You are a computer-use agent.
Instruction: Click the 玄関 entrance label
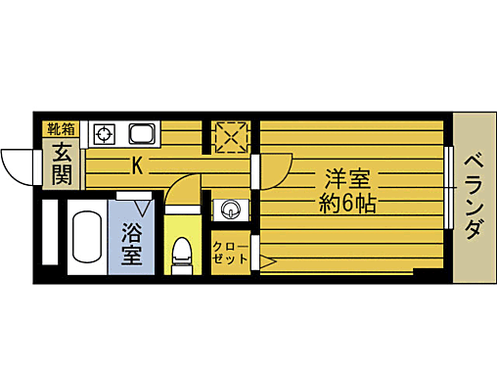click(61, 164)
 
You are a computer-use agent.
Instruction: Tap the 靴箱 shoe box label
click(61, 128)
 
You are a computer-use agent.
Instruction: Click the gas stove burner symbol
click(104, 133)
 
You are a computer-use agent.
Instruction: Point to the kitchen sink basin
click(137, 133)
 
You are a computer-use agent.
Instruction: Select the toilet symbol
click(180, 256)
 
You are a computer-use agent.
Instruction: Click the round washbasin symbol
click(232, 208)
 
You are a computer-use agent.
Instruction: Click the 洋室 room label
click(347, 180)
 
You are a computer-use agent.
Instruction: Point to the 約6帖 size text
click(348, 206)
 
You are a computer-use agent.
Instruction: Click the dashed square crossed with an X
click(231, 136)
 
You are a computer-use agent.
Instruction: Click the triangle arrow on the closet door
click(265, 261)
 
